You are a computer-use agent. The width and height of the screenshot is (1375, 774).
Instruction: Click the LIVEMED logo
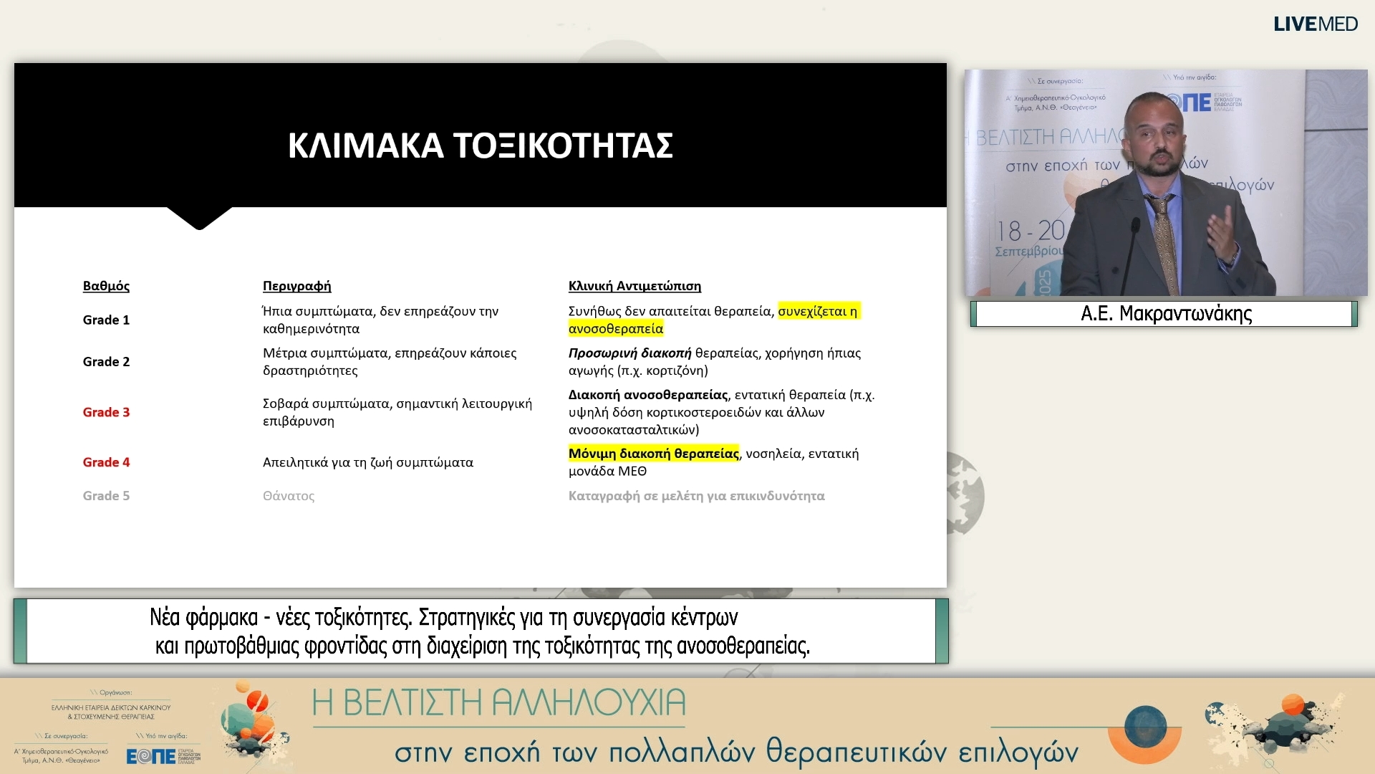tap(1315, 24)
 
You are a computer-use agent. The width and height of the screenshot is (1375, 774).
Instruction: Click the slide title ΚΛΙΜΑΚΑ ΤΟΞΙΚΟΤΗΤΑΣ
tap(480, 145)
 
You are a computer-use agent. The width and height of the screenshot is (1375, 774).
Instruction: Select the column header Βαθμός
tap(106, 286)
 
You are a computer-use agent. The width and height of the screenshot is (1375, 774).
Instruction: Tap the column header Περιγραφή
tap(296, 286)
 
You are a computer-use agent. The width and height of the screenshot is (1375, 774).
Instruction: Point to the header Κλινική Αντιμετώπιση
tap(635, 286)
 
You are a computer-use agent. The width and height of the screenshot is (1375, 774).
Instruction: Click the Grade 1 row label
tap(106, 320)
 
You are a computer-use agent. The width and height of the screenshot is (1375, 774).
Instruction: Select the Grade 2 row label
tap(106, 361)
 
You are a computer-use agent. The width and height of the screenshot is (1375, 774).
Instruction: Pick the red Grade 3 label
tap(106, 412)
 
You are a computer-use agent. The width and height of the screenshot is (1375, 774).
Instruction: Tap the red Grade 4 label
tap(106, 462)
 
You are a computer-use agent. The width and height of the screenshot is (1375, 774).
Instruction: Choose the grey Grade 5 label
tap(106, 496)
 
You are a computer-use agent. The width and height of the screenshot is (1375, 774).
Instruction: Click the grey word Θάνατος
tap(289, 496)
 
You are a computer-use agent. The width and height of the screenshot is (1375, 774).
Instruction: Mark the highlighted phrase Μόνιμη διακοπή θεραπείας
tap(653, 454)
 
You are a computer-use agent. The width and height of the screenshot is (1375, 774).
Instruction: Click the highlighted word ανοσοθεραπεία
tap(616, 329)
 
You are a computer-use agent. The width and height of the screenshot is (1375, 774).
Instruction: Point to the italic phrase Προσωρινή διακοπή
tap(629, 353)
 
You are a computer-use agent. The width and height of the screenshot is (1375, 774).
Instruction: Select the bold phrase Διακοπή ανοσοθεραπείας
tap(647, 395)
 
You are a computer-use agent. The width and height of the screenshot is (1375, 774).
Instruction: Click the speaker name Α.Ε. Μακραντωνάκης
tap(1166, 314)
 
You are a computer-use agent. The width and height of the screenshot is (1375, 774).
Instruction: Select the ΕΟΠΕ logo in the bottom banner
tap(151, 756)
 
